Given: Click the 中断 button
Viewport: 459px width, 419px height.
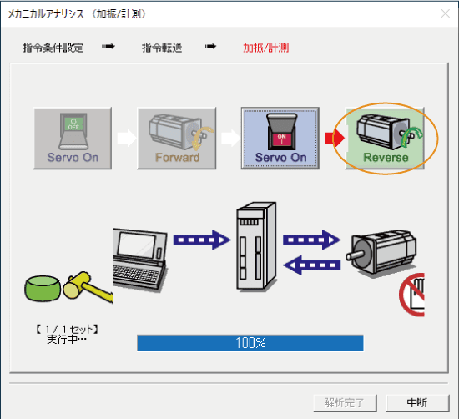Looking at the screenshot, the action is coord(418,403).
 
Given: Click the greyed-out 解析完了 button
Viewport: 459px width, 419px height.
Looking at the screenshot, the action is coord(345,403).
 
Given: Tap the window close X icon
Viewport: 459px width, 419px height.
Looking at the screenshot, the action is coord(446,13).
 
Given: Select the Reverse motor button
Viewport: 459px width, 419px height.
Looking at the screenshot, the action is coord(385,139).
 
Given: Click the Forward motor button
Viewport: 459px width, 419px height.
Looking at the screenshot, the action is coord(177,139).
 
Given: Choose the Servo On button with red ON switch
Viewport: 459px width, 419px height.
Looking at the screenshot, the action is coord(280,139).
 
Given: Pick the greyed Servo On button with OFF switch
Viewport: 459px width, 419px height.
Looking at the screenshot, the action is coord(73,139).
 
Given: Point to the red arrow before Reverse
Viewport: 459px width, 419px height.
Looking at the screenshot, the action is coord(335,138).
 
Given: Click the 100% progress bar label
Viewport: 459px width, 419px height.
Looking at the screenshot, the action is coord(250,342).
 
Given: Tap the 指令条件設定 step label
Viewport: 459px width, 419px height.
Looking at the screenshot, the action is coord(53,48).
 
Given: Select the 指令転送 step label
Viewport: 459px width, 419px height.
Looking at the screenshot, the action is coord(162,48).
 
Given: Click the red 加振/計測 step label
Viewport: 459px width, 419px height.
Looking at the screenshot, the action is coord(266,48).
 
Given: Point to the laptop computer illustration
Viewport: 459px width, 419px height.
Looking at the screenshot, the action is coord(140,260).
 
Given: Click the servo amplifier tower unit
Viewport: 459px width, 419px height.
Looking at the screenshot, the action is coord(256,246).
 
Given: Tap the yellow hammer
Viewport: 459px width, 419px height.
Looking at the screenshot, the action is coord(88,288).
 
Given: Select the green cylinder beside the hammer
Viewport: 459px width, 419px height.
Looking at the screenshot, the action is coord(43,289).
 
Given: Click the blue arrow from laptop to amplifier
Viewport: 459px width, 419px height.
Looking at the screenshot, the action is coord(202,240).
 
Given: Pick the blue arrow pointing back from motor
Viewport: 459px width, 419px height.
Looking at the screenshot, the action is coord(312,265).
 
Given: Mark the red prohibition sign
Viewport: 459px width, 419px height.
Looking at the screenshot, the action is coord(412,295).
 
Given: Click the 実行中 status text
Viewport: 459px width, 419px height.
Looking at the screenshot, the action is coord(67,340).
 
